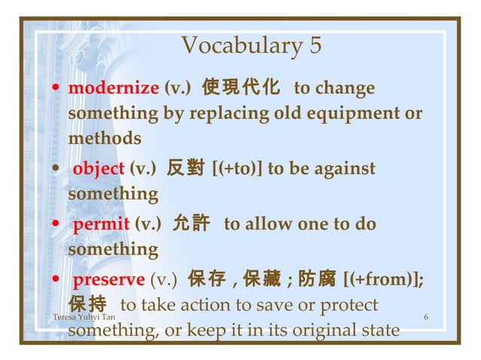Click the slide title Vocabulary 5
click(x=251, y=46)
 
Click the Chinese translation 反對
click(x=185, y=169)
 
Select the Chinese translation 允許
click(x=191, y=224)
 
